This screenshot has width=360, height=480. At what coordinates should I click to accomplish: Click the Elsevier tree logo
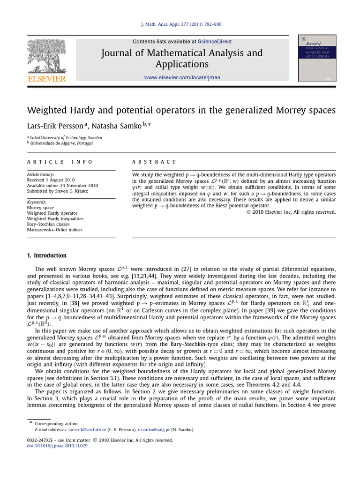46,55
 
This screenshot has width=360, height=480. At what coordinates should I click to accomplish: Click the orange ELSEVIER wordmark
47,79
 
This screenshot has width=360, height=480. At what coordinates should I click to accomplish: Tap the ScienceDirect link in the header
214,42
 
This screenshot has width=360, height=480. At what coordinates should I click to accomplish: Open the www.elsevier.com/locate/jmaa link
182,77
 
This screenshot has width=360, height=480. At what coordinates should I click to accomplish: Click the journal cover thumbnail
317,58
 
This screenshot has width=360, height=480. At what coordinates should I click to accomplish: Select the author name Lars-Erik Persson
55,127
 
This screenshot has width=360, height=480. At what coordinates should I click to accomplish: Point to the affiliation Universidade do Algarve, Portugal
61,143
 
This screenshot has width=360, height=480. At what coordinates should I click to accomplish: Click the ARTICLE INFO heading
60,162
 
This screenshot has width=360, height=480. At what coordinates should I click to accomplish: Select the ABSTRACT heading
154,162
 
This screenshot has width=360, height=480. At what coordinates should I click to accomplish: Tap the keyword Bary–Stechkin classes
48,224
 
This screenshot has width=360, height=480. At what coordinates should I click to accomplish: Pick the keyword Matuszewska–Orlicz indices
55,230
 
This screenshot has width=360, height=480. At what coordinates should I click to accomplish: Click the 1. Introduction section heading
47,255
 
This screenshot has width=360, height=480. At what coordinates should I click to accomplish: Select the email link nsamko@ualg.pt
155,429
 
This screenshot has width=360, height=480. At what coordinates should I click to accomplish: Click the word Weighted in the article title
48,111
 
